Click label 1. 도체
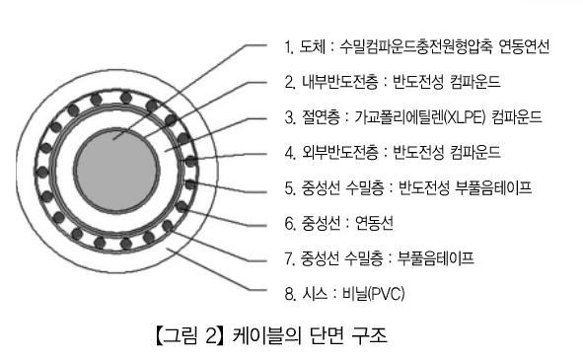click(x=307, y=46)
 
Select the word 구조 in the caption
click(x=376, y=335)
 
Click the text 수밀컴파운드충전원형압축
click(x=424, y=46)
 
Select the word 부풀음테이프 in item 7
click(x=436, y=258)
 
